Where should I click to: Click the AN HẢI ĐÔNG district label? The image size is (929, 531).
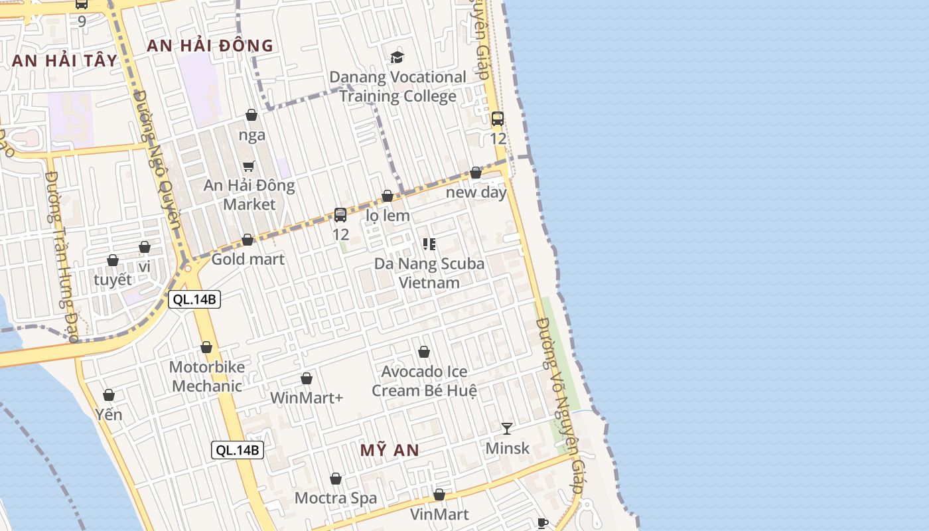(210, 46)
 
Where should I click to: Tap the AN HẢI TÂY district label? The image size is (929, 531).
(64, 60)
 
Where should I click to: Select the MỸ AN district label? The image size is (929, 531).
(390, 450)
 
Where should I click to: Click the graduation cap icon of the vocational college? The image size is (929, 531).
(397, 57)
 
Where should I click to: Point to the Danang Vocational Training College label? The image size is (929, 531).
(398, 86)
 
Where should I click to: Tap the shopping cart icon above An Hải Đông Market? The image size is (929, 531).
(249, 166)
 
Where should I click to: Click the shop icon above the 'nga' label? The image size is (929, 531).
(251, 115)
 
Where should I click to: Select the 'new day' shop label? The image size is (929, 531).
(476, 192)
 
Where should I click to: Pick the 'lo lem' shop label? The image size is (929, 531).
(388, 216)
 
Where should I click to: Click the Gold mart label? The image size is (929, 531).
(248, 259)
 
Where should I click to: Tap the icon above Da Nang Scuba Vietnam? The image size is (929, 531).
(429, 244)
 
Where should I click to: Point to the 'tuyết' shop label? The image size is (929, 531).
(113, 279)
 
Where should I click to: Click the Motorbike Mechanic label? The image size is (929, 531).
(207, 376)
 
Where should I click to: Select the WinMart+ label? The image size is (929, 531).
(307, 398)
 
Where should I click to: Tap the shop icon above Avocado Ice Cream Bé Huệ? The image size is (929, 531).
(424, 352)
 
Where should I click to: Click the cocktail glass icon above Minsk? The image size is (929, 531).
(507, 429)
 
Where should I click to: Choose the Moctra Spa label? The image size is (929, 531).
(336, 498)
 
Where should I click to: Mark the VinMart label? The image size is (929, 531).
(439, 514)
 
